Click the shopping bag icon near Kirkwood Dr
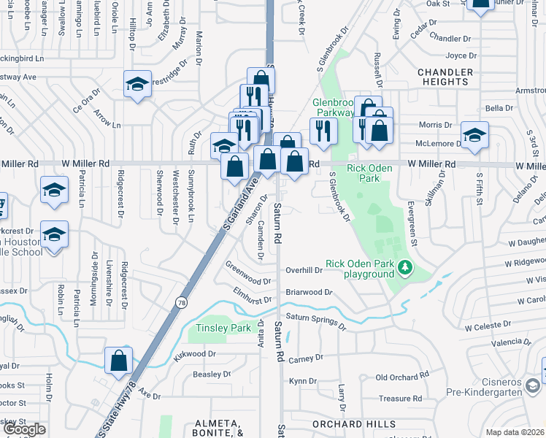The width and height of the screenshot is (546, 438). click(118, 361)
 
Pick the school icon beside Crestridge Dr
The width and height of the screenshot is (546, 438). click(136, 84)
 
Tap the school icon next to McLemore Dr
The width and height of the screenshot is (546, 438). click(474, 135)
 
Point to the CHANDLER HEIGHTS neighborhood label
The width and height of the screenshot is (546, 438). click(443, 77)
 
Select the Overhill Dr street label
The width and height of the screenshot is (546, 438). click(304, 270)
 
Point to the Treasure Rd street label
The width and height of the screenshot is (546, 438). click(401, 399)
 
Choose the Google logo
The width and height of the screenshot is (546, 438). click(24, 429)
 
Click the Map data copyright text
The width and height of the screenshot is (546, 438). click(515, 432)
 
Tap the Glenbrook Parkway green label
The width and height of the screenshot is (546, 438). click(334, 107)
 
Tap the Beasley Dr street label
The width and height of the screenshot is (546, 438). click(212, 374)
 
